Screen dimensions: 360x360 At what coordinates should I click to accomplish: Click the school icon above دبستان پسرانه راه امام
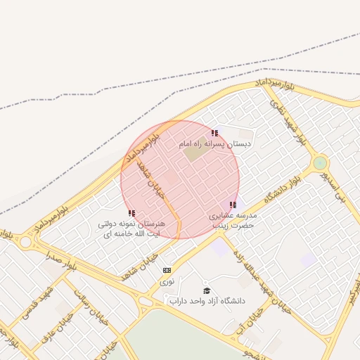tap(214, 132)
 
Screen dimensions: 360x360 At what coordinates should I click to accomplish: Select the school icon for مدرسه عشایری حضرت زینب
tap(233, 205)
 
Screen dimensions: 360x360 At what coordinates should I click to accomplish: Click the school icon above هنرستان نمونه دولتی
tap(131, 213)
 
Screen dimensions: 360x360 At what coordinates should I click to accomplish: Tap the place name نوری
tap(167, 281)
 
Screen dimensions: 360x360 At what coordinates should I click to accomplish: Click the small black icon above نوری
tap(167, 270)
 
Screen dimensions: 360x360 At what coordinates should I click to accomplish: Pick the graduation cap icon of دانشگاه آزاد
tap(207, 290)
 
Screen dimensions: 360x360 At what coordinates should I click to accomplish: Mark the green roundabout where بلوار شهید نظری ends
tap(320, 163)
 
